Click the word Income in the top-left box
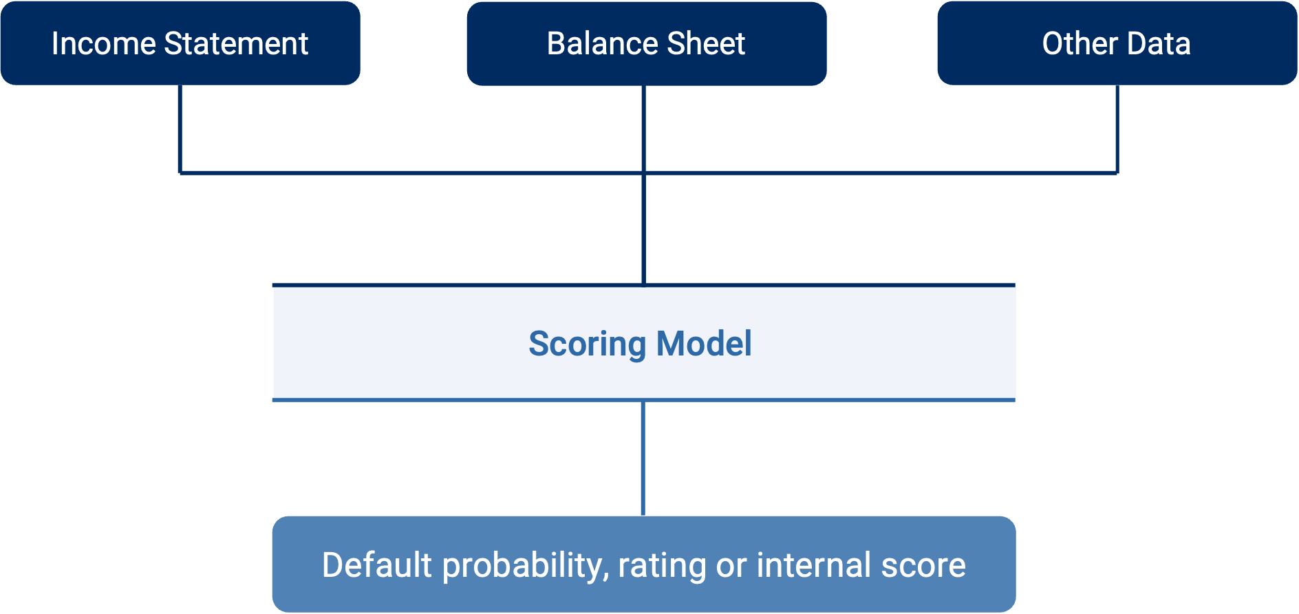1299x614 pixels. pos(103,44)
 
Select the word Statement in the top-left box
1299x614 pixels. pos(236,44)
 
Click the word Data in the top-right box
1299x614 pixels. pos(1159,44)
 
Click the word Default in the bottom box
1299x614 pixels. pos(376,565)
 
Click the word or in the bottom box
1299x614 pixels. pos(731,567)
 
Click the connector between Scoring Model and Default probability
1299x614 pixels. pos(643,459)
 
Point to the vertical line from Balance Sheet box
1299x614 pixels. pos(643,227)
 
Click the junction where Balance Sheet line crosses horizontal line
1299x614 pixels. pos(643,173)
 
